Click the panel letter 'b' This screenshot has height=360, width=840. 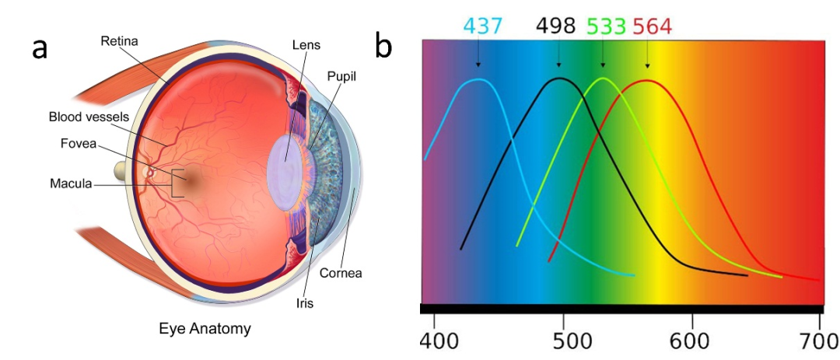(x=383, y=46)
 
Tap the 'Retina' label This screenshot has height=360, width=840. (x=119, y=40)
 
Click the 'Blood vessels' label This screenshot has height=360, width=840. (x=89, y=117)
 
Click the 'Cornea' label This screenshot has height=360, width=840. (x=341, y=273)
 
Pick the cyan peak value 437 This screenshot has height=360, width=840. (x=484, y=27)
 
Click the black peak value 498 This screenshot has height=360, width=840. (x=555, y=27)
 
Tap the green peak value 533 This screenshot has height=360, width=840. (x=606, y=27)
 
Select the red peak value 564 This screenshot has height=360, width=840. (x=652, y=27)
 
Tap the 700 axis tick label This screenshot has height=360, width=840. (x=818, y=343)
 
